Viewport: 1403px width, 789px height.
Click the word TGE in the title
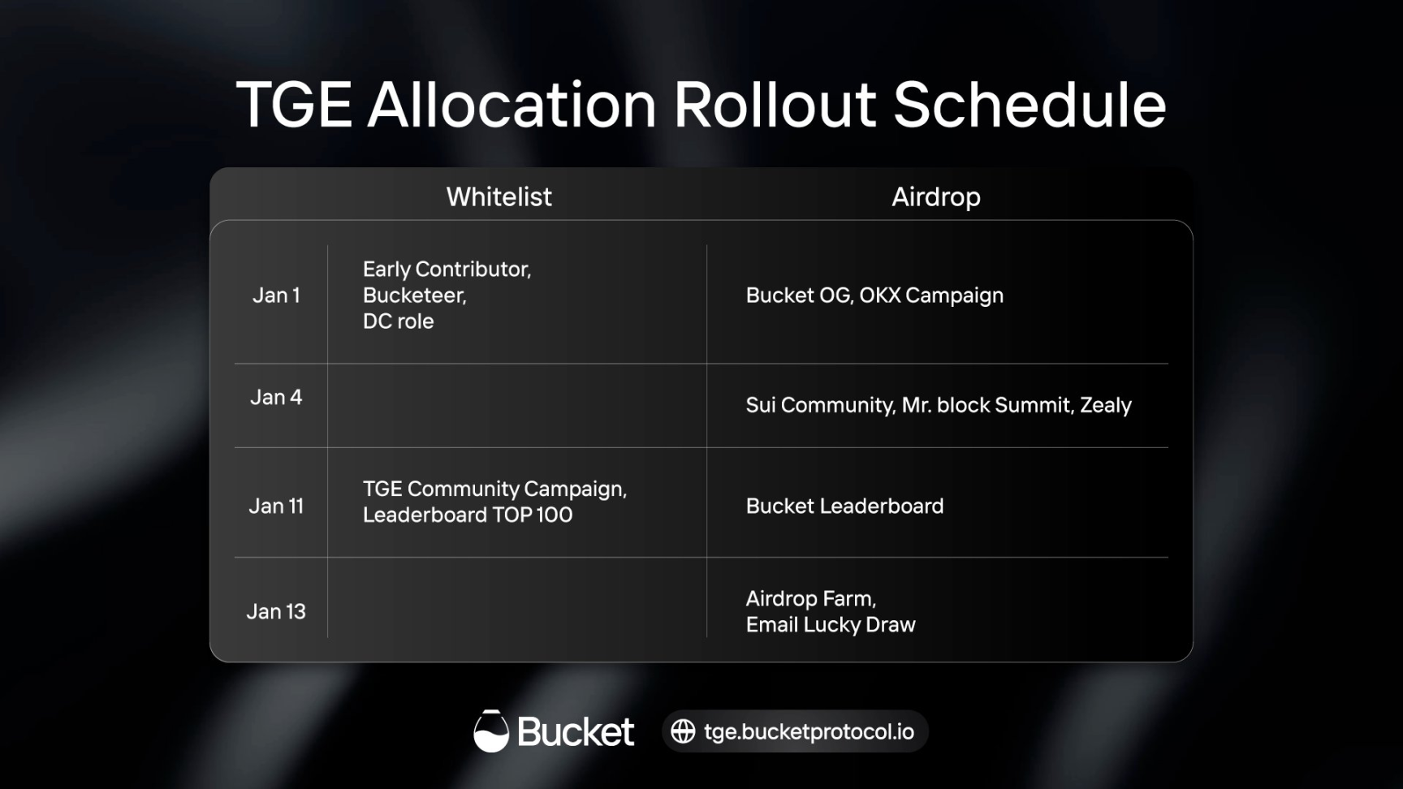[x=294, y=105]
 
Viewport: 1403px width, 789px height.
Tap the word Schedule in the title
[x=1030, y=105]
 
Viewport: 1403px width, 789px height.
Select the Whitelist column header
[x=499, y=196]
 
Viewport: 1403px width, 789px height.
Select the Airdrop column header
[x=936, y=196]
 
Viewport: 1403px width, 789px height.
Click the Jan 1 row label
[x=276, y=295]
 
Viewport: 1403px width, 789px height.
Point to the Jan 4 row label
[x=276, y=397]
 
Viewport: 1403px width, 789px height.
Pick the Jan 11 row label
[x=276, y=506]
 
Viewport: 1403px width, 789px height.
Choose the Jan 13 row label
[x=276, y=611]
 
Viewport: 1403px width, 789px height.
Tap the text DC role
[x=398, y=321]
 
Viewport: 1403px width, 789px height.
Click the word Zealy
[x=1105, y=405]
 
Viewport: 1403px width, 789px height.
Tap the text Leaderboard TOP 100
[x=468, y=515]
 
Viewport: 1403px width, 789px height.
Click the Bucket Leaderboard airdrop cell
[x=844, y=506]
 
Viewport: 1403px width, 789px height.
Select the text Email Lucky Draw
[x=831, y=624]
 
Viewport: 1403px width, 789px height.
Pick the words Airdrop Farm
[x=810, y=599]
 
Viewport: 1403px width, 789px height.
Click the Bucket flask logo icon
[x=491, y=731]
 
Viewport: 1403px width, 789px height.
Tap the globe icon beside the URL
[x=683, y=731]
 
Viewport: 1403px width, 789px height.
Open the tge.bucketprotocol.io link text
[x=809, y=732]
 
